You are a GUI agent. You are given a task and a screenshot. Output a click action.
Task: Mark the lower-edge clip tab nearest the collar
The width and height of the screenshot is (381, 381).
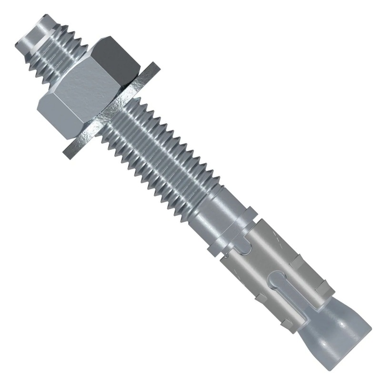click(x=260, y=298)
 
